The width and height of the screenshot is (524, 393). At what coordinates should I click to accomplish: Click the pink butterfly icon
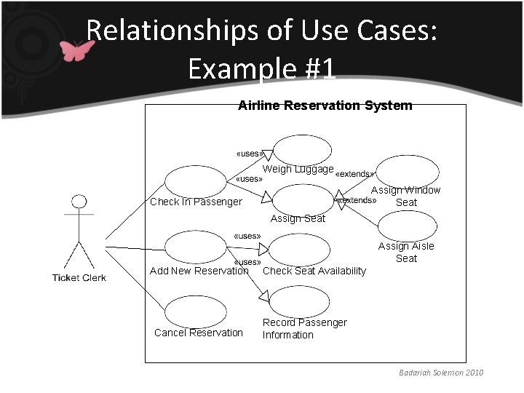coord(76,50)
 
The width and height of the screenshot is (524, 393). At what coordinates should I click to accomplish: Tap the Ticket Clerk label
coord(79,277)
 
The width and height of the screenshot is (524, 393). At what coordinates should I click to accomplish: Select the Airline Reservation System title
coord(325,106)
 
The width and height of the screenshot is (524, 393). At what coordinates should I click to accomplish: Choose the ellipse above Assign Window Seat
coord(407,171)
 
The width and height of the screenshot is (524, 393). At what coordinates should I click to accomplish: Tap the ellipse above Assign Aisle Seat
coord(407,225)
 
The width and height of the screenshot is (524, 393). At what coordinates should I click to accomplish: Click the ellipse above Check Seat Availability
coord(299,249)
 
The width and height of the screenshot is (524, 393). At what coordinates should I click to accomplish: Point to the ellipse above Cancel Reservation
coord(196,311)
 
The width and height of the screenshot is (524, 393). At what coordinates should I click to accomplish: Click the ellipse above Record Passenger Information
coord(299,301)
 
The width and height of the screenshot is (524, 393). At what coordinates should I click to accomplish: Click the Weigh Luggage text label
coord(298,169)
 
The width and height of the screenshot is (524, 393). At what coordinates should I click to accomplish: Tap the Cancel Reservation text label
coord(199,333)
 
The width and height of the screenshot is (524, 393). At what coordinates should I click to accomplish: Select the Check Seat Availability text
coord(314,271)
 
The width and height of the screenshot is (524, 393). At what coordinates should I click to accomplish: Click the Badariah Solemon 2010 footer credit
coord(440,373)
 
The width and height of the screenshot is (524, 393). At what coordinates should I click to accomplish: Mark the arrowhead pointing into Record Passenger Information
coord(265,295)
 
